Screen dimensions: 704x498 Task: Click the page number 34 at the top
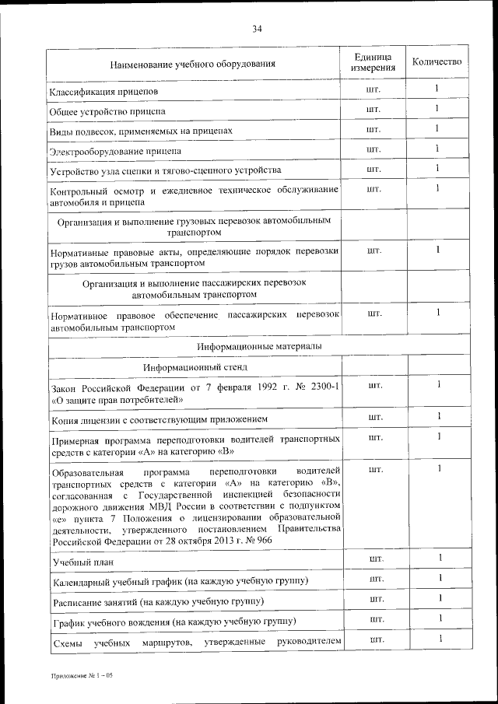(257, 30)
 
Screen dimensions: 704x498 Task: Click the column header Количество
(437, 62)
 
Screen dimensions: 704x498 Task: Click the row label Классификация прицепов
(104, 93)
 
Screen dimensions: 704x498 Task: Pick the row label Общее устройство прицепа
(103, 111)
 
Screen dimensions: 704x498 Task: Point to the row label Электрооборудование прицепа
(109, 150)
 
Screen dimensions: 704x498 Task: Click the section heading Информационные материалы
(258, 345)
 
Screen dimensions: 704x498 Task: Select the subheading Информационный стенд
(195, 366)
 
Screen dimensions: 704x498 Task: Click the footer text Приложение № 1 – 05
(82, 676)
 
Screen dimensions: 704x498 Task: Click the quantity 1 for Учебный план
(440, 558)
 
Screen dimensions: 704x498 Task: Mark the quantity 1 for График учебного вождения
(440, 618)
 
